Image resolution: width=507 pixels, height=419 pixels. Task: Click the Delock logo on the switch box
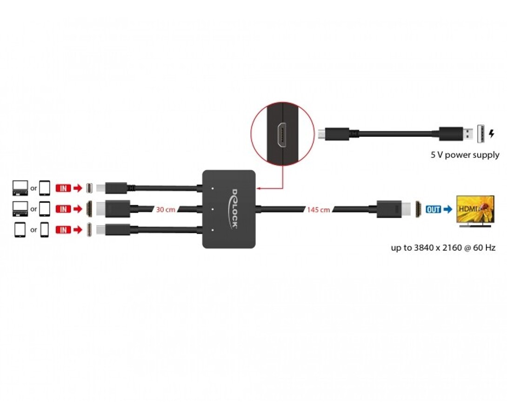coord(235,209)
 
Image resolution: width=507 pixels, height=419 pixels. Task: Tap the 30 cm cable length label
coord(166,209)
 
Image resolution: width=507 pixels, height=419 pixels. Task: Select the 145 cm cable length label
coord(319,209)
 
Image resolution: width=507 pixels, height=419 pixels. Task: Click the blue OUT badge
coord(434,209)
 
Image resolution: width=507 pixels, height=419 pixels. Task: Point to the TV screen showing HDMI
coord(475,209)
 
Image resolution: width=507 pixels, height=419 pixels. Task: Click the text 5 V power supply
coord(465,155)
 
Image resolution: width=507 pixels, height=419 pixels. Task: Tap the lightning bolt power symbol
coord(492,133)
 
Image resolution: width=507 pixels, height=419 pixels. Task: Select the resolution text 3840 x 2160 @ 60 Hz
coord(454,248)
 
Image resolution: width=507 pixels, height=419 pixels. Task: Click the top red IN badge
coord(63,188)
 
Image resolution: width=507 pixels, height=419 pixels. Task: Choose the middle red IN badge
coord(63,209)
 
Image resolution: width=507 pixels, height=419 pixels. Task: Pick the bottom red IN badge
coord(63,230)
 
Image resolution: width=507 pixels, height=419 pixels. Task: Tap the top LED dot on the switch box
coord(213,188)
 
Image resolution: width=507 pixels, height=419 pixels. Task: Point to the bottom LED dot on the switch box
coord(213,230)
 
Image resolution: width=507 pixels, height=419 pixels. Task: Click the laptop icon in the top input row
coord(20,188)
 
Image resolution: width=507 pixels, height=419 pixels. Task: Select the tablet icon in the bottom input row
coord(20,230)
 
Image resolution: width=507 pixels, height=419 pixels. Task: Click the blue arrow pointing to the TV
coord(448,209)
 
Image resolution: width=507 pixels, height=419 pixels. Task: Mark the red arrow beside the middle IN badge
coord(78,209)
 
